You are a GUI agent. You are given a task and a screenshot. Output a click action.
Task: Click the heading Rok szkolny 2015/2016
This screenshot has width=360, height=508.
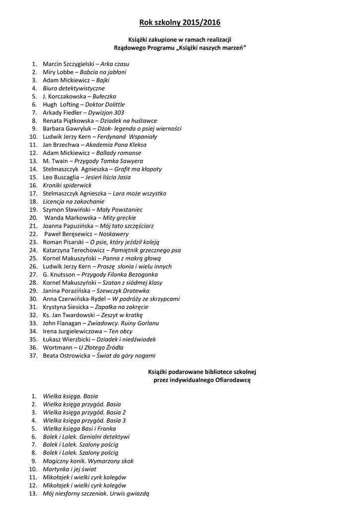(x=180, y=23)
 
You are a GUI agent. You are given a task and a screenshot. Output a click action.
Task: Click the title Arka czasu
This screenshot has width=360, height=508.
(x=115, y=64)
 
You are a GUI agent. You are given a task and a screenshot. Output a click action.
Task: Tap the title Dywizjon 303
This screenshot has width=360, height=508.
(x=106, y=113)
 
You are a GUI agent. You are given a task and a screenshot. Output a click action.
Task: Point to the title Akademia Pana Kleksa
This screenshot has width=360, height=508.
(x=120, y=145)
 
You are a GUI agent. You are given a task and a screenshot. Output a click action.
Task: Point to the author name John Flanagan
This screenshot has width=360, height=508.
(x=63, y=323)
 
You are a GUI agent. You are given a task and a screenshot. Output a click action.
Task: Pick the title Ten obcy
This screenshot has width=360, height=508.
(x=121, y=331)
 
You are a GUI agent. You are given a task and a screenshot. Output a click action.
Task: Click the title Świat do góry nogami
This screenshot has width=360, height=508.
(x=126, y=356)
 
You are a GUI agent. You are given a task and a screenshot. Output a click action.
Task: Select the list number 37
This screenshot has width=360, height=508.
(x=34, y=356)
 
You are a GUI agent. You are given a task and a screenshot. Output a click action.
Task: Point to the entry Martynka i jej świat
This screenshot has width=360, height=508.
(x=70, y=469)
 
